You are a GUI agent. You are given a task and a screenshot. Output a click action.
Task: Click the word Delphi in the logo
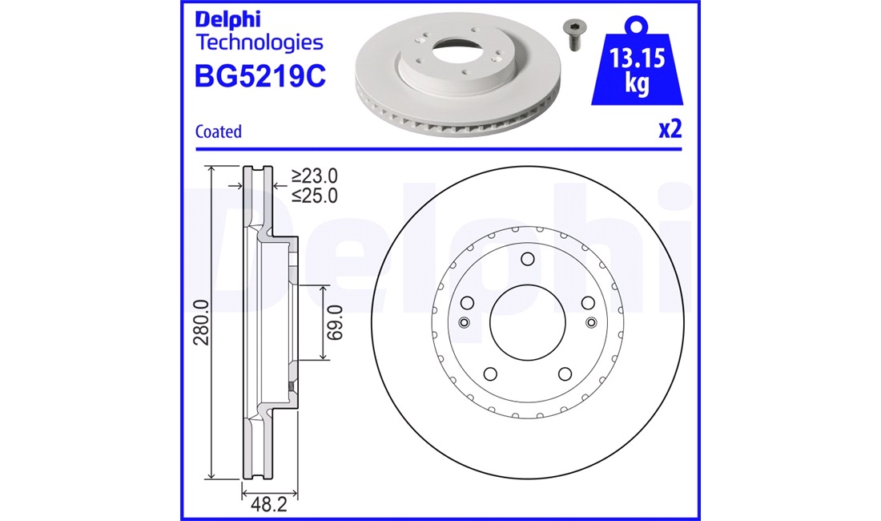coord(226,18)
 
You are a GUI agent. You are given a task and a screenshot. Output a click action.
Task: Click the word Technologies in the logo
coord(259,42)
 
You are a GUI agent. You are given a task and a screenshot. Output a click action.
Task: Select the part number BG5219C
coord(260,77)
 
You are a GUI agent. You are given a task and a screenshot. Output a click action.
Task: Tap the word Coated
coord(219,131)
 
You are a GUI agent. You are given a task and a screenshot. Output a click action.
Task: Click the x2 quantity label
coord(670,130)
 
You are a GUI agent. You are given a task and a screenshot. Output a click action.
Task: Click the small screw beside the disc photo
coord(573,34)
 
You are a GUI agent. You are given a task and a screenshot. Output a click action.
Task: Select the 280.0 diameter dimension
coord(202,322)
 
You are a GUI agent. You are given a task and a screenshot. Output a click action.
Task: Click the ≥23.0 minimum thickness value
coord(314,176)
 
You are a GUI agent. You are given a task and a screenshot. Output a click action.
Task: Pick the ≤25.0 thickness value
coord(314,195)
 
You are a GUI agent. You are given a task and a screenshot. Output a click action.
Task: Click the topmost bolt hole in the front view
coord(527,259)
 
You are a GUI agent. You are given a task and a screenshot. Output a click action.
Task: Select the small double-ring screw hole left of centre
coord(464,322)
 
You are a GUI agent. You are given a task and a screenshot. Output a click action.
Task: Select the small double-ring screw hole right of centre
coord(591,322)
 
